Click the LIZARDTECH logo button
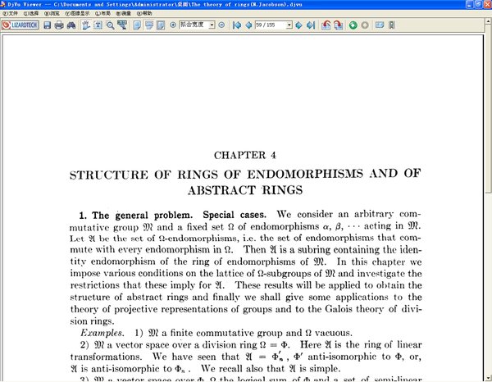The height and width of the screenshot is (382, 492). (20, 25)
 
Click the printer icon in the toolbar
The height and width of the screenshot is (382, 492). (58, 25)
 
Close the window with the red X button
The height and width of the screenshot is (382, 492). (485, 4)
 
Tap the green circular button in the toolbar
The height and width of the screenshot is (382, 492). (353, 25)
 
